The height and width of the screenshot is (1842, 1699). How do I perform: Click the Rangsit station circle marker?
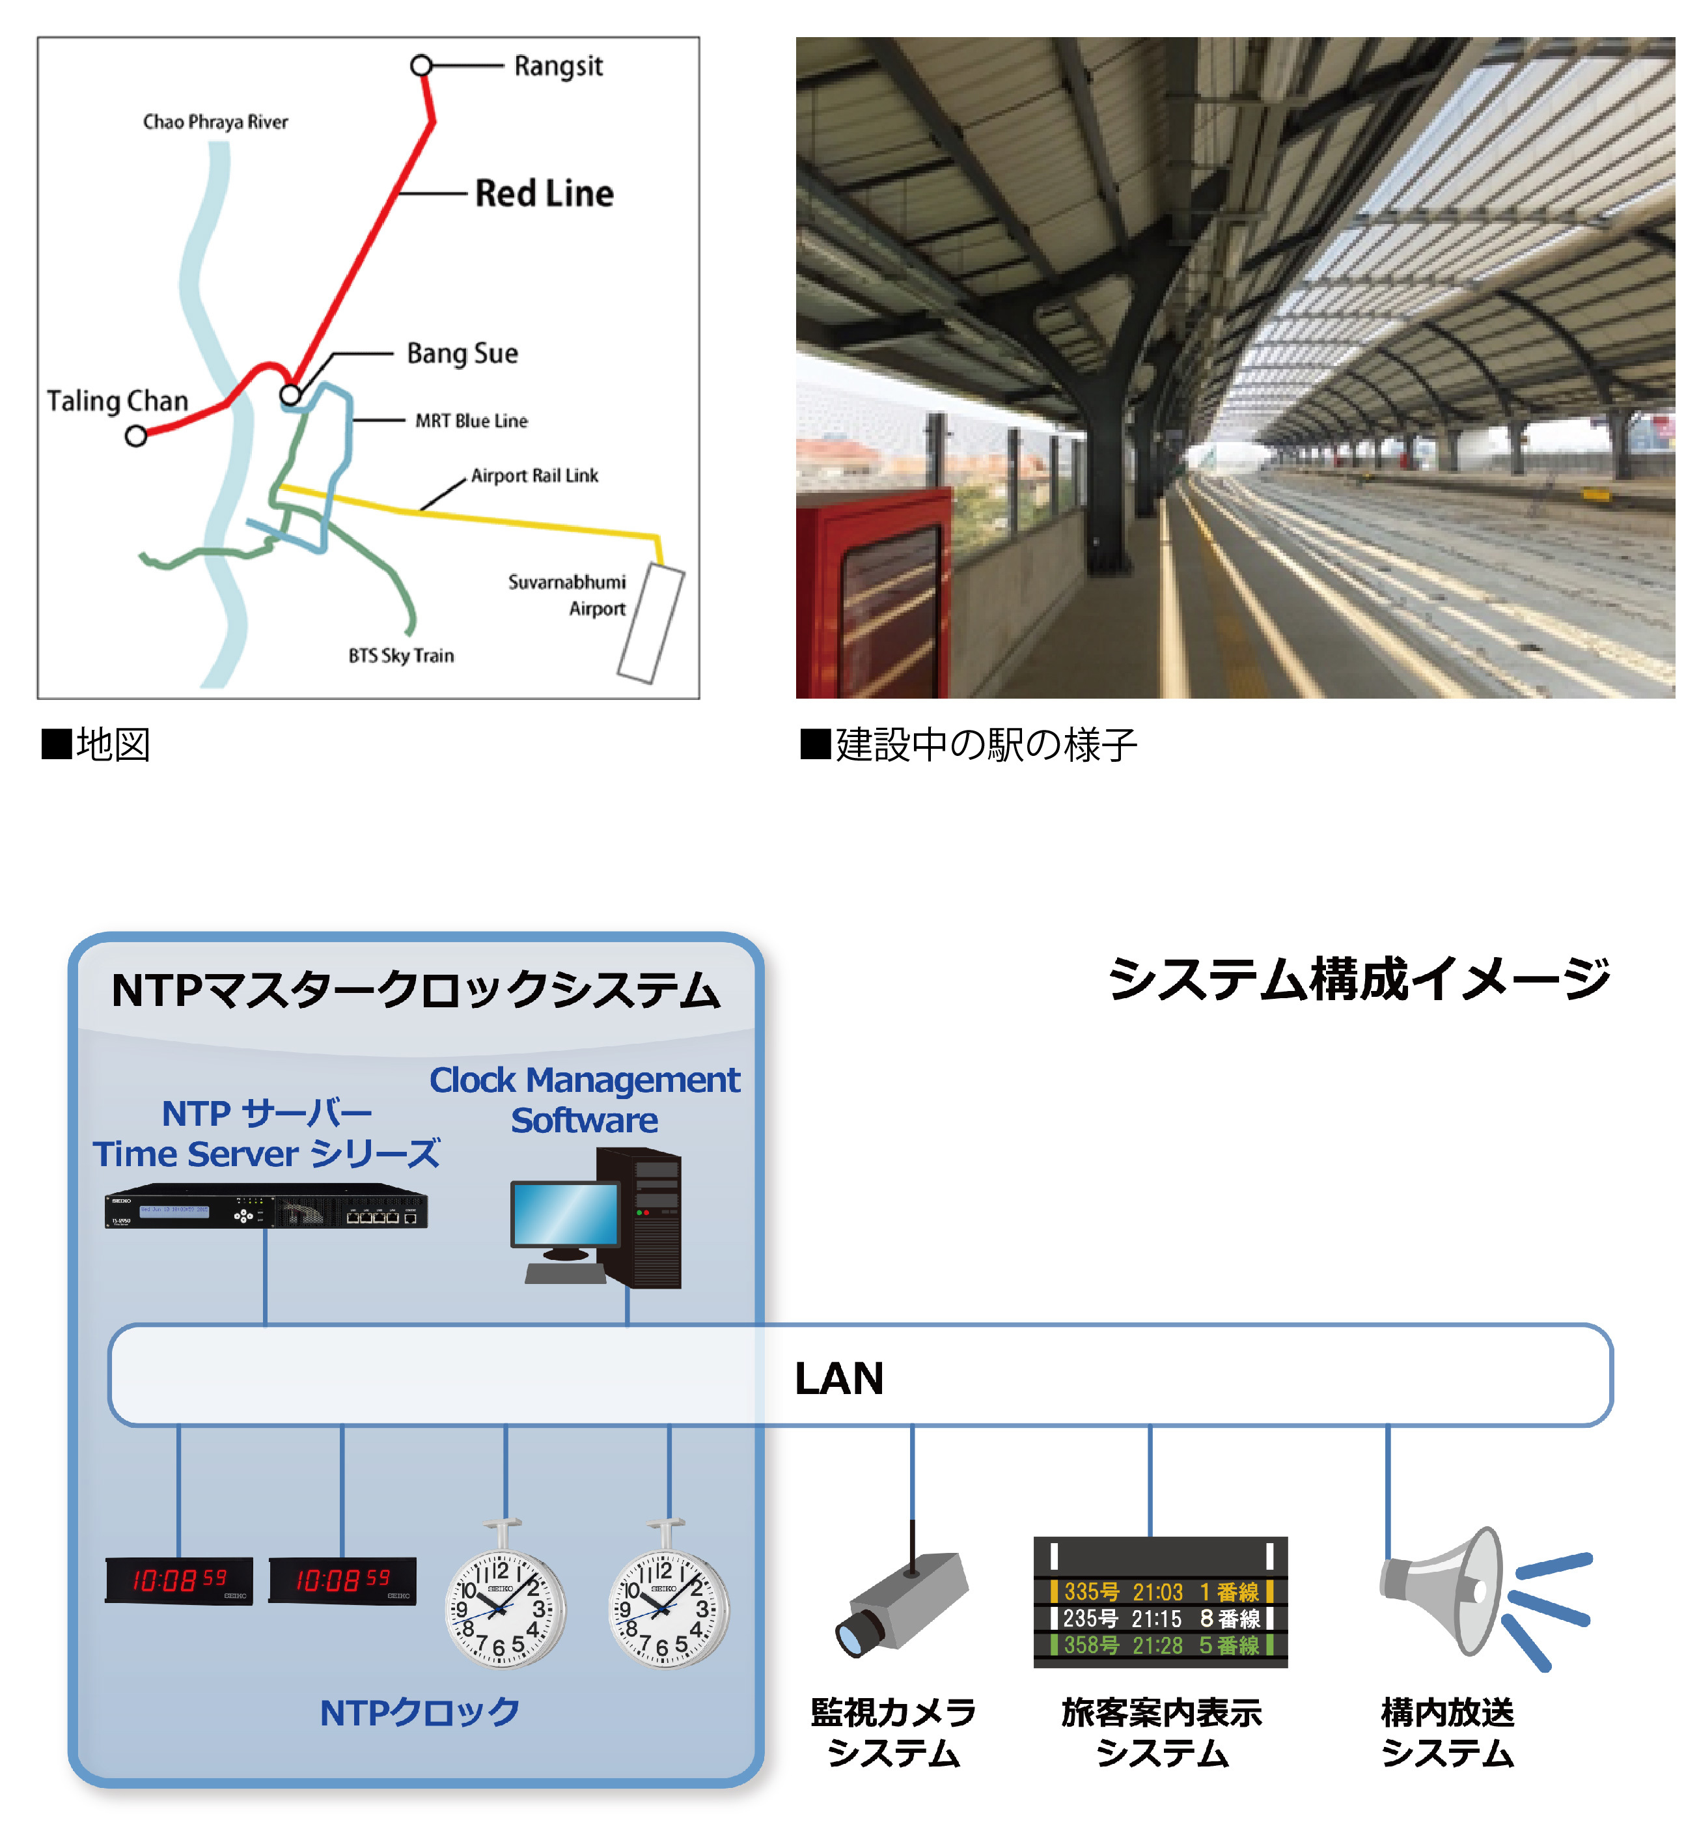(421, 65)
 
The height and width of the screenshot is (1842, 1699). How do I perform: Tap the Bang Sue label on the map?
(462, 353)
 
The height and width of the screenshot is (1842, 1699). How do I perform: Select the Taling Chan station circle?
(136, 436)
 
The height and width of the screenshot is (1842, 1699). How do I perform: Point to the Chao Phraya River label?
(215, 121)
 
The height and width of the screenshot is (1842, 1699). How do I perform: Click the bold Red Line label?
(544, 193)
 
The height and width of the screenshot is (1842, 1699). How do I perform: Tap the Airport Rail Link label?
(534, 475)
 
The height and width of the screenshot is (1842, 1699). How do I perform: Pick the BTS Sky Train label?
(401, 655)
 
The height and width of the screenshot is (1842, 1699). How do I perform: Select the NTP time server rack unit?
(266, 1206)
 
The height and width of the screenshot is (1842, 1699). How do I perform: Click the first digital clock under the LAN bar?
(178, 1580)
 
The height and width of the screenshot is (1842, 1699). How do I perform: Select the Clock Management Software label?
(584, 1099)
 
